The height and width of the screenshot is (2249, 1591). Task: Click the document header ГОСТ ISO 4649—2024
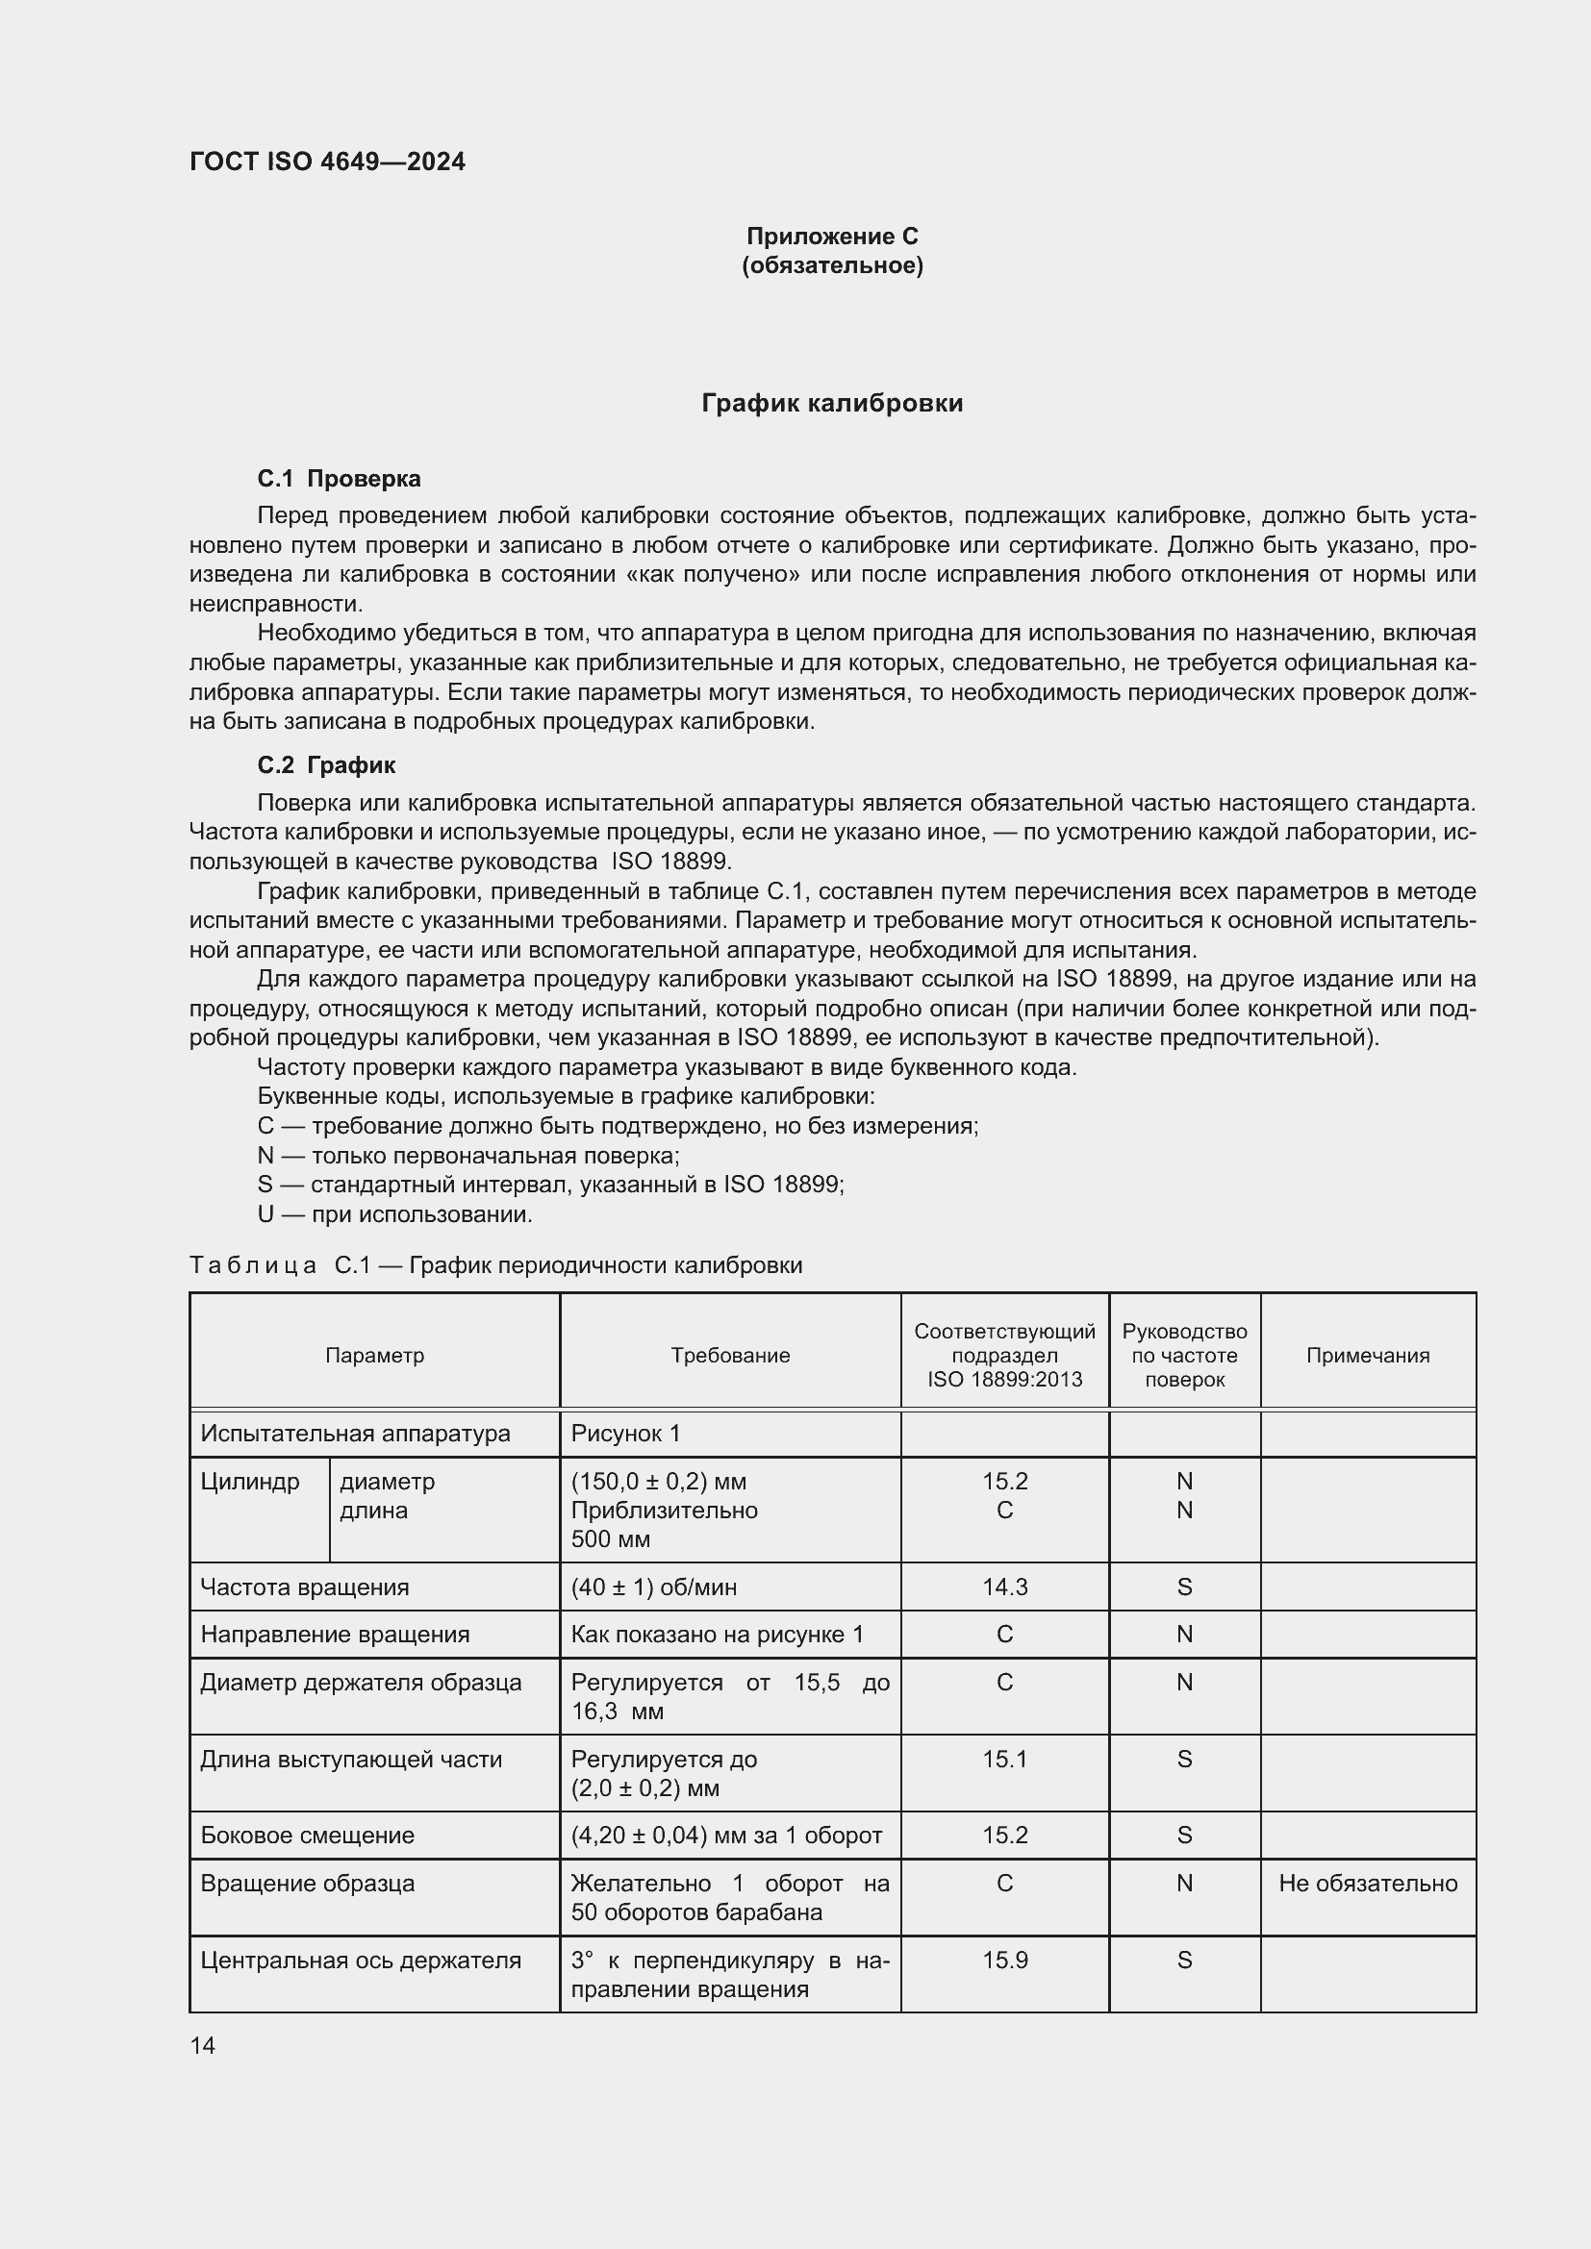coord(327,162)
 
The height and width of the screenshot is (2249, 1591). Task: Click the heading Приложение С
coord(832,237)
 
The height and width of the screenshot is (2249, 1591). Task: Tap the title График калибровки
coord(832,404)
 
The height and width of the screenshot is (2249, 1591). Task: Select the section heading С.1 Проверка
coord(339,479)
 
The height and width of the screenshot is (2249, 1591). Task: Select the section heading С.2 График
coord(326,765)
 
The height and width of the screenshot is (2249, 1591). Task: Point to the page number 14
coord(203,2045)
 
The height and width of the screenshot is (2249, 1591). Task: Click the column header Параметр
coord(374,1356)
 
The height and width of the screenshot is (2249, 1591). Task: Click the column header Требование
coord(730,1356)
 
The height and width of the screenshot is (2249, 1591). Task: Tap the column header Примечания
coord(1368,1356)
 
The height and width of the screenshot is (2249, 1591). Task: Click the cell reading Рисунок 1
coord(625,1434)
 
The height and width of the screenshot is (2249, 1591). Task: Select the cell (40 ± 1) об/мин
coord(653,1587)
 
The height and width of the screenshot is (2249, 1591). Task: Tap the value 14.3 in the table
coord(1005,1587)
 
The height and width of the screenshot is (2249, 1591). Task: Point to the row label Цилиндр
coord(250,1482)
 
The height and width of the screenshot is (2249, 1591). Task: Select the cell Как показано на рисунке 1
coord(718,1635)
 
